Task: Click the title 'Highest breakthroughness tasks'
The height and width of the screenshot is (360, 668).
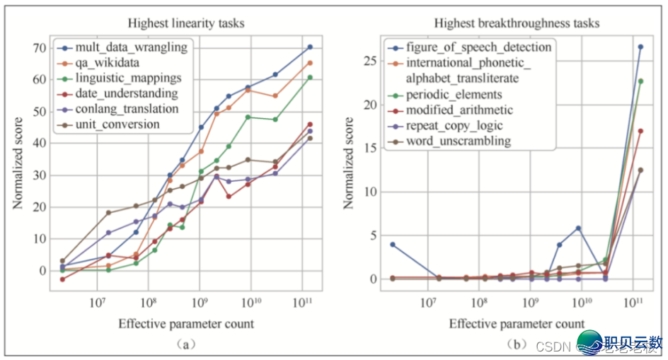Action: pyautogui.click(x=517, y=23)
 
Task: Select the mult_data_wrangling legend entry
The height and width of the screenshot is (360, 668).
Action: pyautogui.click(x=131, y=47)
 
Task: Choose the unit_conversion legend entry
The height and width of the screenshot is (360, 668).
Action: pyautogui.click(x=118, y=124)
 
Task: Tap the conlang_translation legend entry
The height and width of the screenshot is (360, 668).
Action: pyautogui.click(x=127, y=109)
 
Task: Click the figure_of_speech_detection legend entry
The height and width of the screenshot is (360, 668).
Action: pyautogui.click(x=478, y=47)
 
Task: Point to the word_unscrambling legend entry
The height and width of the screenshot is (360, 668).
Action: pyautogui.click(x=458, y=141)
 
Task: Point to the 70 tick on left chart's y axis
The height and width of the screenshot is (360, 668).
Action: pyautogui.click(x=40, y=48)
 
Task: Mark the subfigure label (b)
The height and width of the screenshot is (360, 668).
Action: pyautogui.click(x=517, y=344)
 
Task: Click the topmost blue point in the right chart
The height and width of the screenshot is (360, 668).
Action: pyautogui.click(x=640, y=47)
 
